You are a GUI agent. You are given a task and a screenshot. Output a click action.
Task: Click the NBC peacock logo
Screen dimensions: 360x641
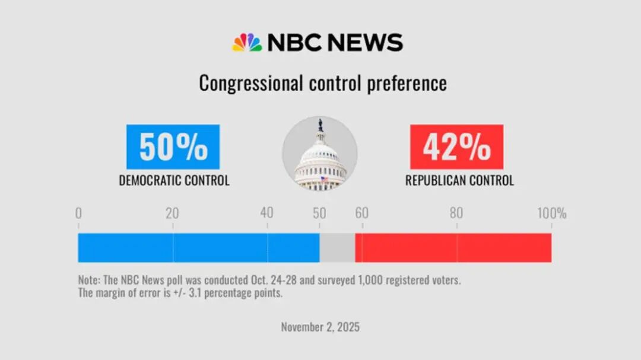pyautogui.click(x=247, y=43)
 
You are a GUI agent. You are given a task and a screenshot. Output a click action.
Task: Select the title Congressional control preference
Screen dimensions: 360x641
pyautogui.click(x=322, y=83)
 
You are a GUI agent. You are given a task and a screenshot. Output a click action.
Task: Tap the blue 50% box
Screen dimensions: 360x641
pyautogui.click(x=173, y=147)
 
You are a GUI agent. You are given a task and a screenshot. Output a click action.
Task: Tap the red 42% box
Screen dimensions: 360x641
pyautogui.click(x=456, y=147)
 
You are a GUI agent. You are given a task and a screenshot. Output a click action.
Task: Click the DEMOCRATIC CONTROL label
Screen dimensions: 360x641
pyautogui.click(x=174, y=181)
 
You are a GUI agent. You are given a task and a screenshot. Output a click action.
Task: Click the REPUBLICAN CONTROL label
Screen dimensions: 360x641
pyautogui.click(x=459, y=181)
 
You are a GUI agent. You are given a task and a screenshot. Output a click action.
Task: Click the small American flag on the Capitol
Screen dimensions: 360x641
pyautogui.click(x=323, y=179)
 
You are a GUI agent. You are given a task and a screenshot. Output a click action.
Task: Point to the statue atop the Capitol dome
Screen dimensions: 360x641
pyautogui.click(x=320, y=125)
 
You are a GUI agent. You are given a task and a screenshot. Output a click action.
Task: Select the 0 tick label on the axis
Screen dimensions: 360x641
pyautogui.click(x=78, y=214)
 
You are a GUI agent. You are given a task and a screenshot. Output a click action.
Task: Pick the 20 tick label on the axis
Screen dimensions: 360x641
pyautogui.click(x=172, y=214)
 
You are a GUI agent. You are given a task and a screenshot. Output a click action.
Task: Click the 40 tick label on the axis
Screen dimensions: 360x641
pyautogui.click(x=267, y=214)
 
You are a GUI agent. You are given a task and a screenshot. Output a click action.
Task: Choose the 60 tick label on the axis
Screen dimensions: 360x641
pyautogui.click(x=361, y=214)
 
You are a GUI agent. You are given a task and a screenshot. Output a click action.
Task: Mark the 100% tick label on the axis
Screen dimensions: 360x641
pyautogui.click(x=551, y=214)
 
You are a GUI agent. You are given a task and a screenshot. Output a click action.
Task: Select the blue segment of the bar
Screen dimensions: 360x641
pyautogui.click(x=198, y=248)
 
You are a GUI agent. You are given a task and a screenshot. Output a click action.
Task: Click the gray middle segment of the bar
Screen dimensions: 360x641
pyautogui.click(x=337, y=248)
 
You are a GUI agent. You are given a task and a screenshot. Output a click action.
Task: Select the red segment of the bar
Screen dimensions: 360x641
pyautogui.click(x=453, y=248)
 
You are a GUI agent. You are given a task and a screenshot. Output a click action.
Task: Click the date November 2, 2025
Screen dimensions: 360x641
pyautogui.click(x=320, y=327)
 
